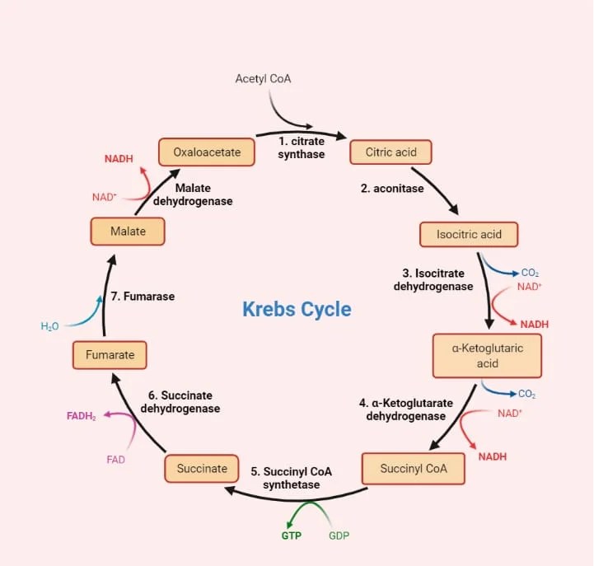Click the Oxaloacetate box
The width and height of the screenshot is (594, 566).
pos(206,152)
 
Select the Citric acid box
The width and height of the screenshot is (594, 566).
pos(391,152)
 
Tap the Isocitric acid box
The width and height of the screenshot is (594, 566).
pos(469,234)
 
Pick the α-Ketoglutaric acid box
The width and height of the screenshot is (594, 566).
pos(487,356)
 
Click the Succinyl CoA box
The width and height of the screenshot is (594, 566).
pos(414,469)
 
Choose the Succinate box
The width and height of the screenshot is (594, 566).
pos(202,469)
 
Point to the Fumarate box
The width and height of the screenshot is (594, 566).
pos(110,355)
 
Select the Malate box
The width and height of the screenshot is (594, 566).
pos(128,232)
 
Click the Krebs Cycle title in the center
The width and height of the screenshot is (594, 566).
pos(297,310)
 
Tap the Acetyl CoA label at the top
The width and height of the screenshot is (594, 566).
pos(263,79)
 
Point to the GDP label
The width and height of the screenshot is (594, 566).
pos(339,536)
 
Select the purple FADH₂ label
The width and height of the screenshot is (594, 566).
pos(82,417)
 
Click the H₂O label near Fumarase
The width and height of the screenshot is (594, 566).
pos(49,326)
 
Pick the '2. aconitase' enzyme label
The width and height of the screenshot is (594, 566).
pos(392,189)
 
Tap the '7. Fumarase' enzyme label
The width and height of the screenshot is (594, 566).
pos(143,296)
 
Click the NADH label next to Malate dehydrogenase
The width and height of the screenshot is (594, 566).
pos(119,158)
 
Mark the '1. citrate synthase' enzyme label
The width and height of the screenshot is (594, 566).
pos(301,148)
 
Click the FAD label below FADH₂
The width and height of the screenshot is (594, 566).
pos(115,460)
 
